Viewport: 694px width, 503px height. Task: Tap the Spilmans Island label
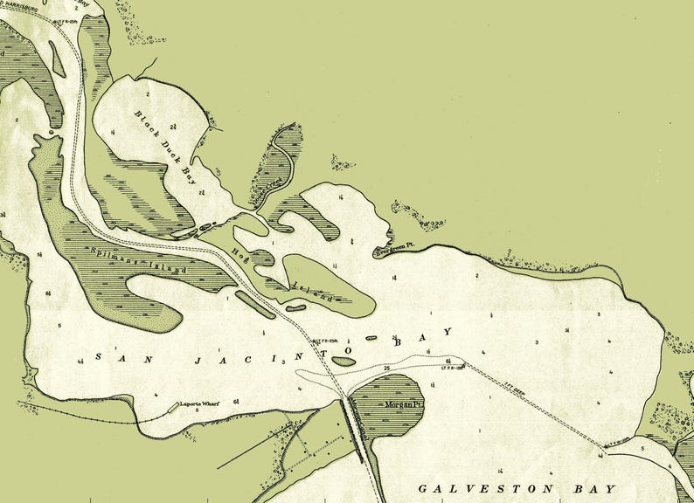coord(139,260)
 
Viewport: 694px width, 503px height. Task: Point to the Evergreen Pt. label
coord(393,251)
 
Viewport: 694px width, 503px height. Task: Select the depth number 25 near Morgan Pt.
coord(386,369)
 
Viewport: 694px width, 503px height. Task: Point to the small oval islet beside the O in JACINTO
coord(343,360)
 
